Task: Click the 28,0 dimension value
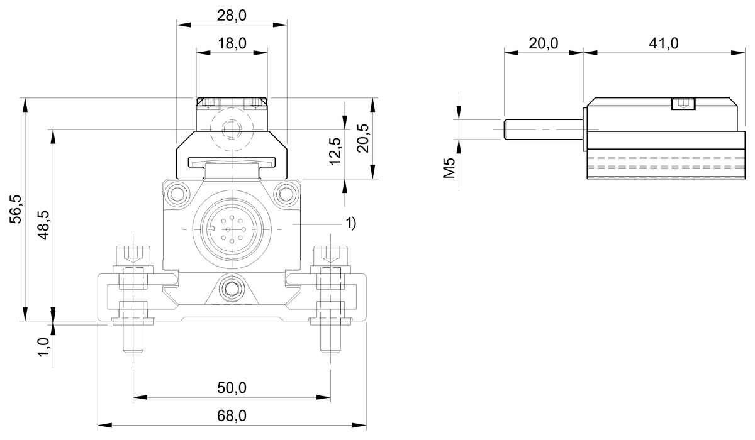coord(232,16)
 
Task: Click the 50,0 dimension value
coord(232,388)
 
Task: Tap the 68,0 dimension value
coord(232,415)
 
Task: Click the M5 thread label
coord(449,169)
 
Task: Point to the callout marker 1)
coord(350,223)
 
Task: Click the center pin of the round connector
coord(231,231)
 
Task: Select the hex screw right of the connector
coord(288,192)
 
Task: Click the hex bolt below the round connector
coord(231,289)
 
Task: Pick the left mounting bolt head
coord(133,254)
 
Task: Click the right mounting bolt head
coord(330,254)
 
